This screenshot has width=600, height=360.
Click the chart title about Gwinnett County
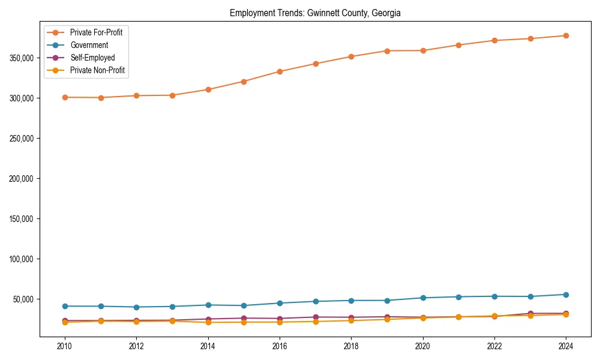pos(316,13)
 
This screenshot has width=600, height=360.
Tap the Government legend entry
pos(89,45)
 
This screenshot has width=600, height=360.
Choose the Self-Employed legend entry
pos(92,58)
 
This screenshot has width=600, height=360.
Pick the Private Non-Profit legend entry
pos(98,70)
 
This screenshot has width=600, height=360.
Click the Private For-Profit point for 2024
pos(566,36)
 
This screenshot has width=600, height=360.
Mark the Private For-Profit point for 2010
pos(65,97)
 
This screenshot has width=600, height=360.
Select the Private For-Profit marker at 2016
pos(280,71)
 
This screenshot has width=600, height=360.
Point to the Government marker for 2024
pos(566,295)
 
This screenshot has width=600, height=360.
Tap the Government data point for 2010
pos(65,306)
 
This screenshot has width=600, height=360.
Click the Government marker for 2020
pos(423,298)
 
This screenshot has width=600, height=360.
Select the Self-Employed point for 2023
pos(530,313)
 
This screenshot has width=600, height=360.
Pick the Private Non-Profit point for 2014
pos(208,322)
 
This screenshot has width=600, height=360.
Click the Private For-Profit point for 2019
pos(387,51)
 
